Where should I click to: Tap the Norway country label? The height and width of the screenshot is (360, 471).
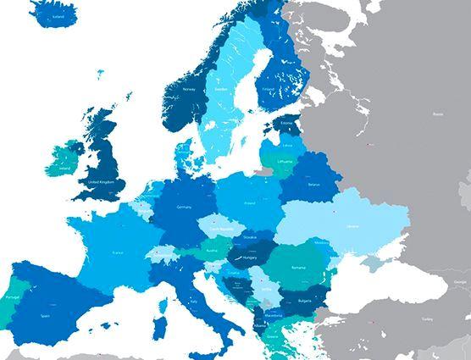pos(189,88)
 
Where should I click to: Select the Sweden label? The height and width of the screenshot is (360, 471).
pos(221,87)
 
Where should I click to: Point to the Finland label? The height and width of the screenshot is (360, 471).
pos(267,88)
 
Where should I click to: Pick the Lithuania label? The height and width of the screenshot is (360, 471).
pos(285,161)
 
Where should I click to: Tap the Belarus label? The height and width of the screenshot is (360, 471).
pos(314,184)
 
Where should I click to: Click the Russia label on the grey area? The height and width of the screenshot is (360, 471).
pos(438,114)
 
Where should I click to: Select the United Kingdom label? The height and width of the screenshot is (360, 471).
pos(101,182)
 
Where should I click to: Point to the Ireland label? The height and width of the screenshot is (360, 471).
pos(65,169)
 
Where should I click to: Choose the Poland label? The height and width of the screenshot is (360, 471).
pos(249,203)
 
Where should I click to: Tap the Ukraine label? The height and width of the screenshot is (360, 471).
pos(352,226)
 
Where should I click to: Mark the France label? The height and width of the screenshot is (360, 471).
pos(118,252)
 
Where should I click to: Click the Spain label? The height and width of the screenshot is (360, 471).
pos(44,315)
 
